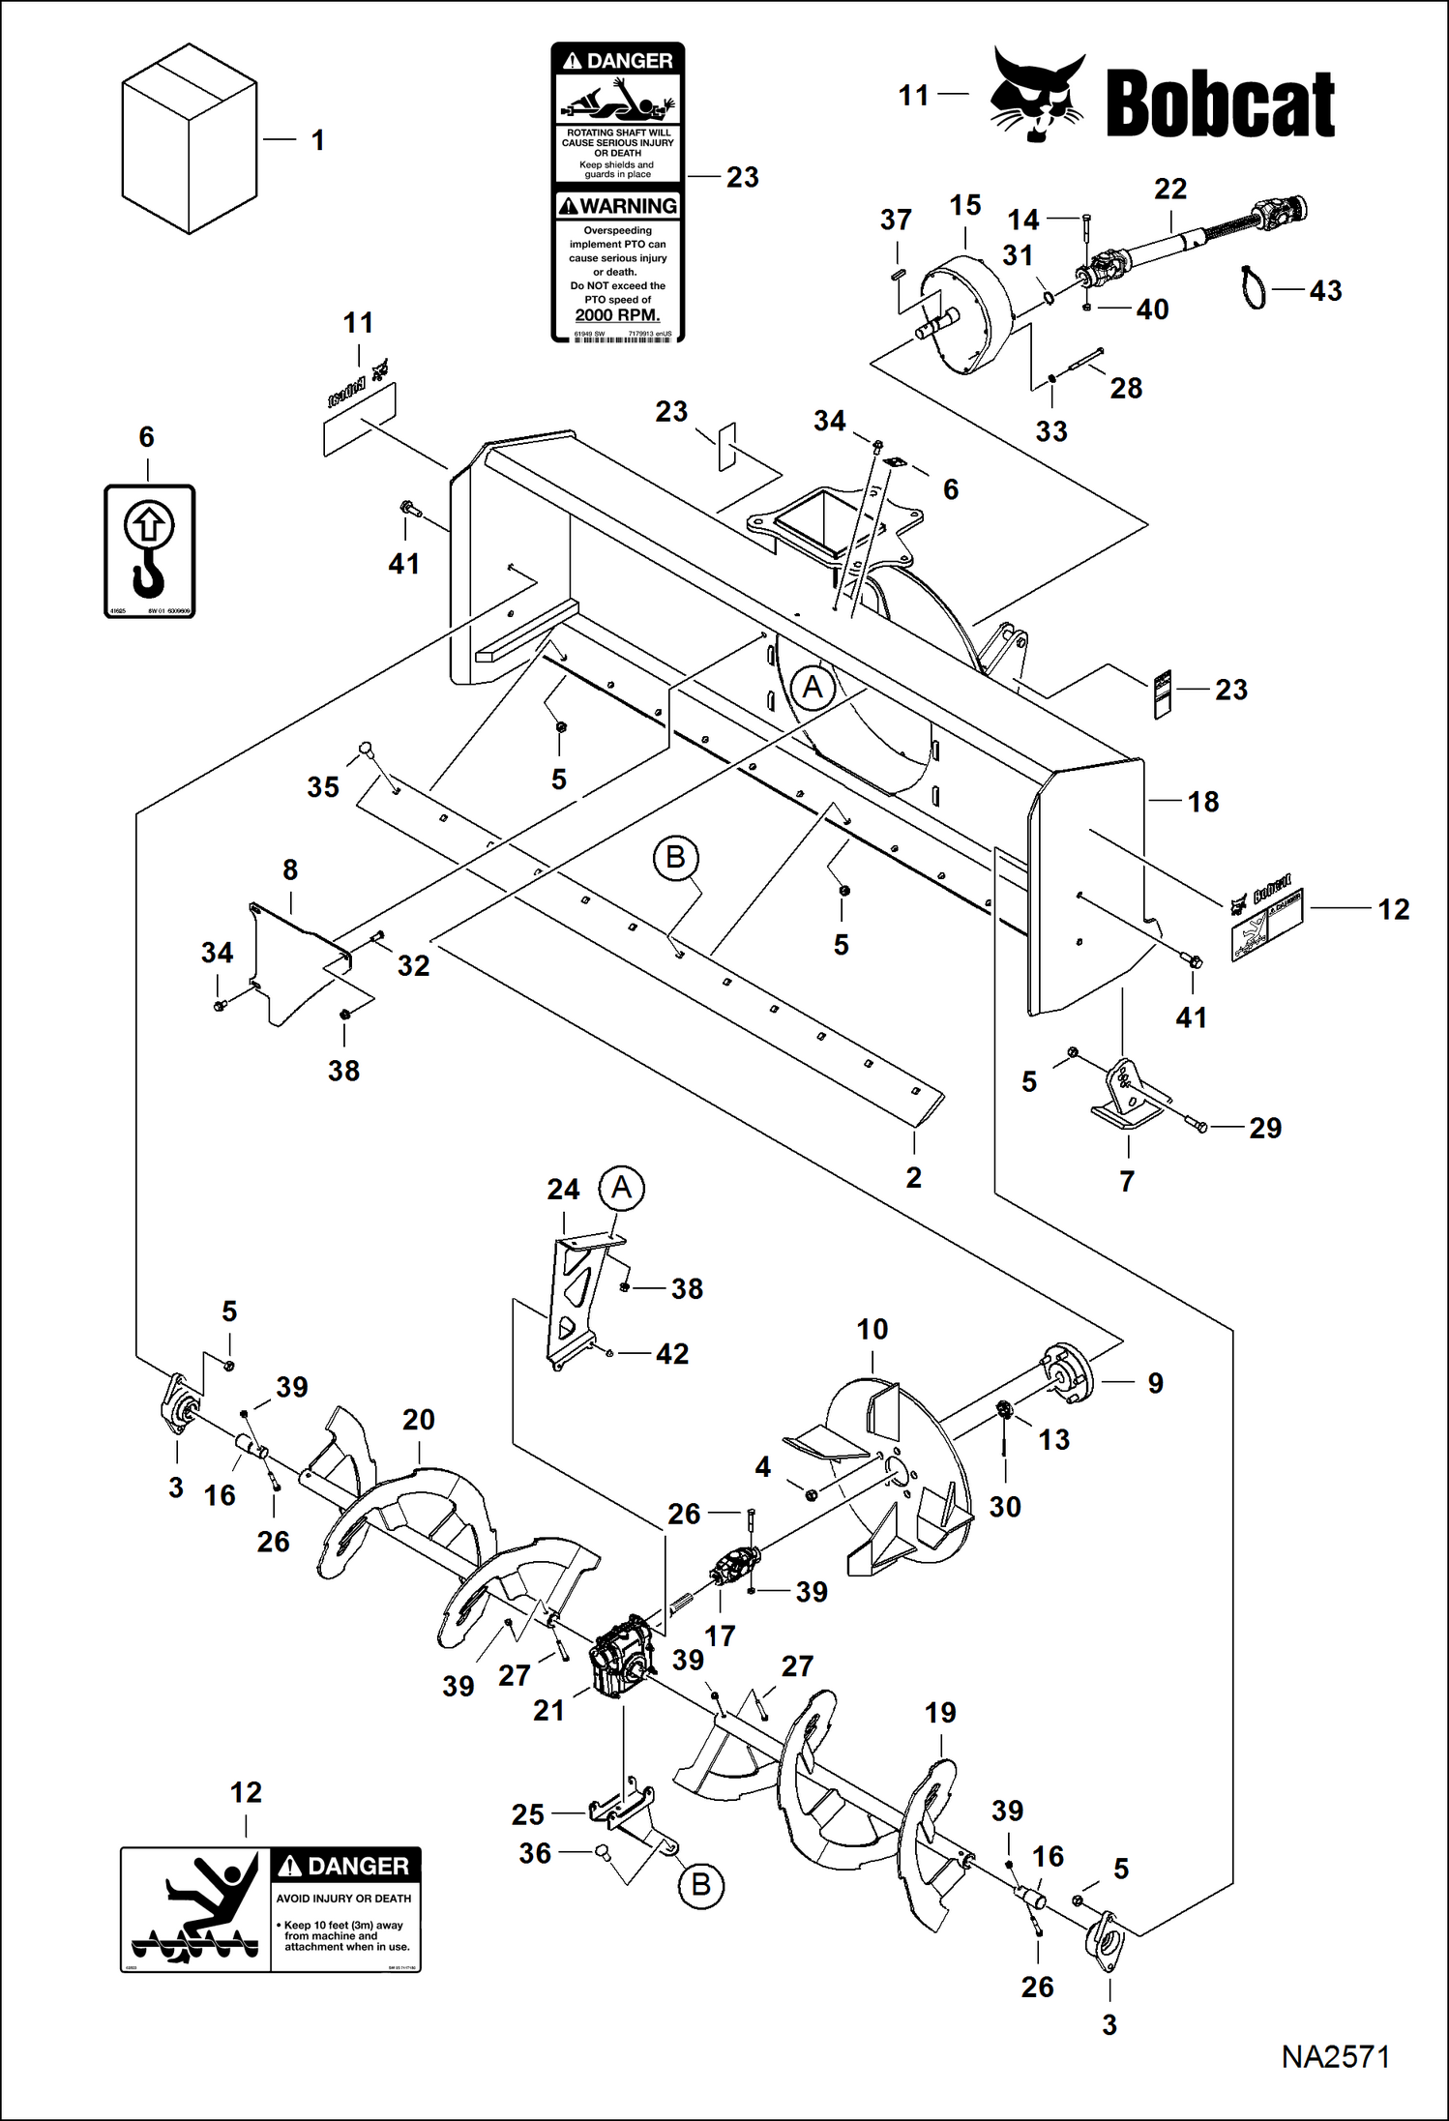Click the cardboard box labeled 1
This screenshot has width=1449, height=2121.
coord(189,140)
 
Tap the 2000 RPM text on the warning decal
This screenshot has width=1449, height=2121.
coord(617,315)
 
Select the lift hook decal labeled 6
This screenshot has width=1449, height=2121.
coord(149,551)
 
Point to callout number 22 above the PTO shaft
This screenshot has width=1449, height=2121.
coord(1169,189)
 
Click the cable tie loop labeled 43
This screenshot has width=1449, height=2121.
coord(1255,288)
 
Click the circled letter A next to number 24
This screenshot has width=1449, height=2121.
coord(621,1187)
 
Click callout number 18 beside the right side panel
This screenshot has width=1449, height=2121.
coord(1202,802)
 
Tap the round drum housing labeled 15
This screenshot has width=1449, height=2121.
coord(965,314)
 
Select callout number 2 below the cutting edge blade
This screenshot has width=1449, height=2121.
coord(913,1177)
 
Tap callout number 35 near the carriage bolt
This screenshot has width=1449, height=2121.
coord(323,787)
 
